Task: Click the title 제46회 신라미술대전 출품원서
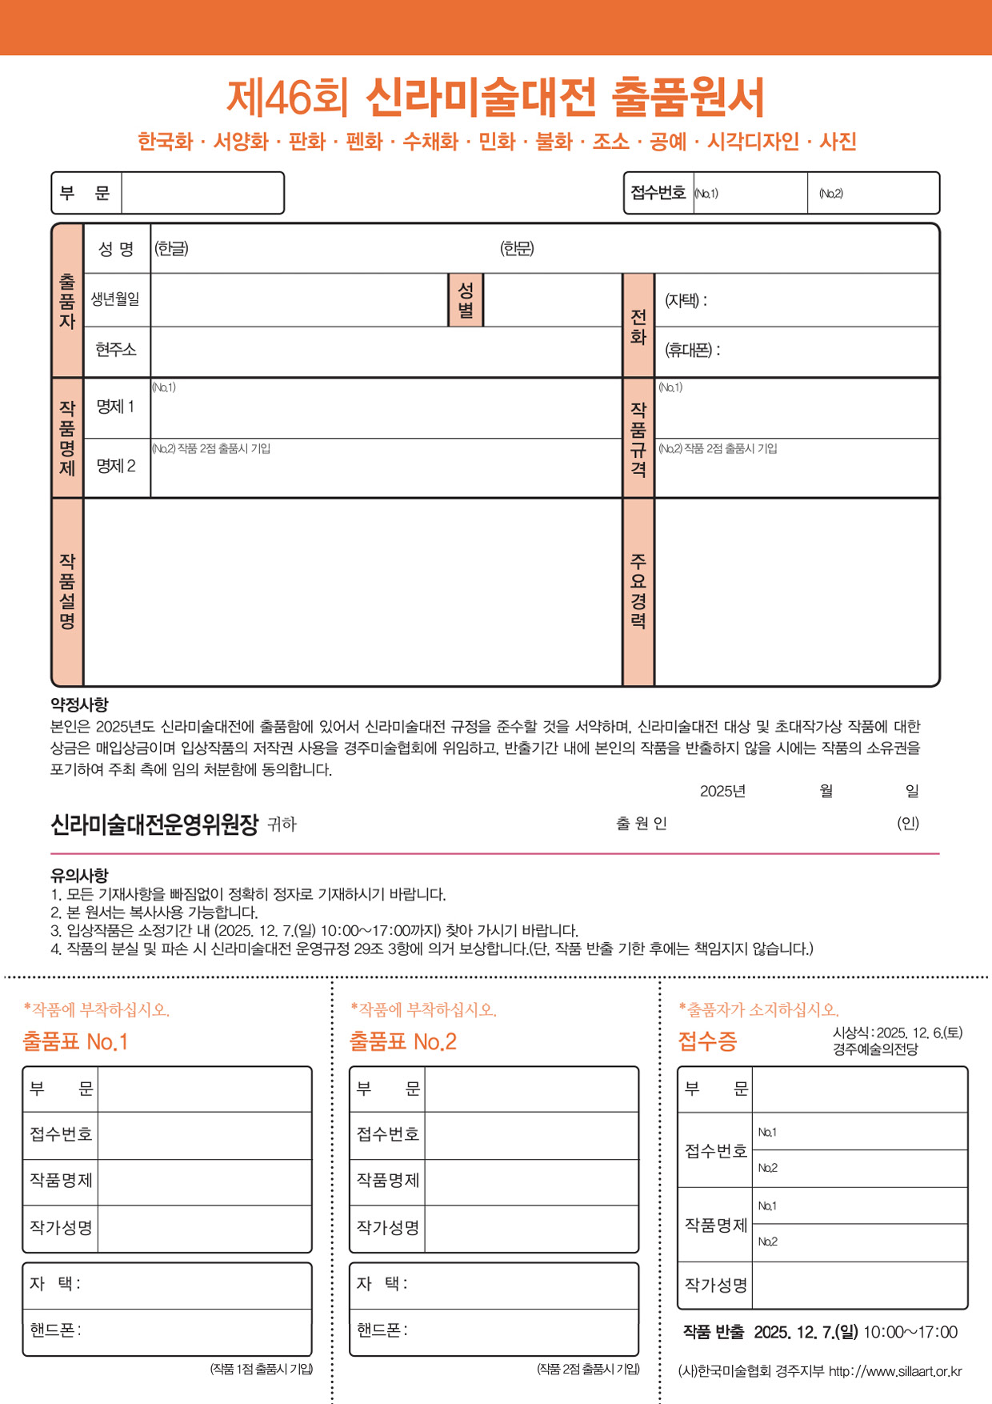pos(495,98)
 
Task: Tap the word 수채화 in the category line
pos(430,142)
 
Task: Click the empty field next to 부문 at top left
pos(202,193)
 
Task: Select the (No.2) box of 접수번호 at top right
pos(874,193)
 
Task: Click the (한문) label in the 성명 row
pos(517,249)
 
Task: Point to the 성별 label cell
pos(466,300)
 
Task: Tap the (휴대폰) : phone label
pos(692,350)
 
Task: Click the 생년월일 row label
pos(115,299)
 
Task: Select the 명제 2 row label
pos(116,466)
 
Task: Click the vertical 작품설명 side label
pos(67,591)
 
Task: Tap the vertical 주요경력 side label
pos(638,591)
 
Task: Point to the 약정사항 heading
pos(79,704)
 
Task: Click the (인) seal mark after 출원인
pos(908,823)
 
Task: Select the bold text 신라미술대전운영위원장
pos(154,824)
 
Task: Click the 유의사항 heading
pos(79,875)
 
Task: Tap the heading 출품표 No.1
pos(75,1041)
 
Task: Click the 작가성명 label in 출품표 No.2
pos(388,1227)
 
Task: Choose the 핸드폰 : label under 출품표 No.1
pos(55,1330)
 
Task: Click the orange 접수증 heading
pos(707,1041)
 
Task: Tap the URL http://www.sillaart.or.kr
pos(895,1371)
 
